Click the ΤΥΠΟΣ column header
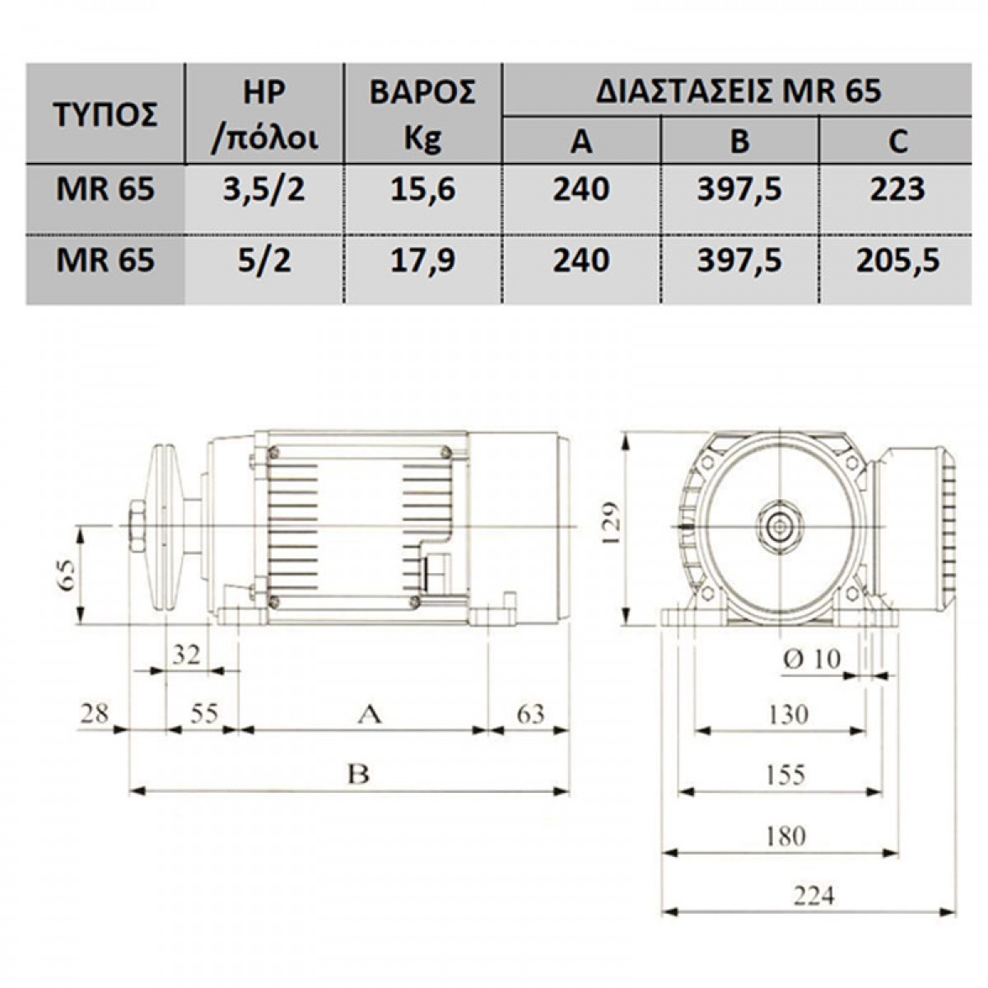[105, 116]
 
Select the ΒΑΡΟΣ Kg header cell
[422, 114]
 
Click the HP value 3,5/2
[264, 189]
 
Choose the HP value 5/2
[264, 260]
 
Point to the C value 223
[897, 189]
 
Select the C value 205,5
[897, 260]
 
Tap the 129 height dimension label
[613, 524]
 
